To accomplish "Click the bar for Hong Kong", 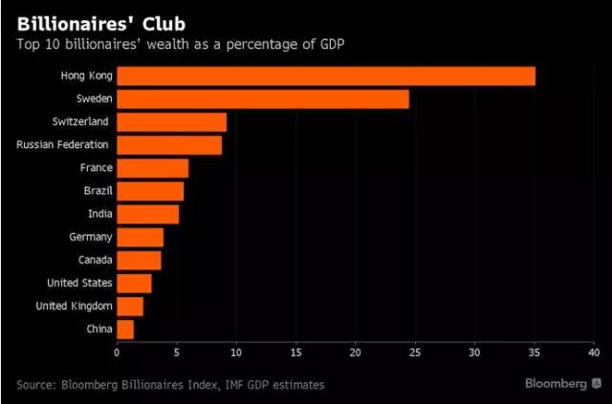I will coord(325,76).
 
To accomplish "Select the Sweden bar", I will coord(262,99).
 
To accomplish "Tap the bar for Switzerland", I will coord(171,122).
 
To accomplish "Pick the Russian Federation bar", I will coord(169,145).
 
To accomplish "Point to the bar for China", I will coord(125,329).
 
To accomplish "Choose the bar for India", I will coord(147,214).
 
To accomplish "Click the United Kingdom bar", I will coord(130,306).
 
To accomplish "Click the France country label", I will coord(97,168).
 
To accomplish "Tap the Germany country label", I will coord(91,237).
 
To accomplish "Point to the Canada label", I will coord(95,260).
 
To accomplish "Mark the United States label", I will coord(80,283).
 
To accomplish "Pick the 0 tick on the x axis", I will coord(117,351).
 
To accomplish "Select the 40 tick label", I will coord(593,351).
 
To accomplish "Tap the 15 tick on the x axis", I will coord(295,351).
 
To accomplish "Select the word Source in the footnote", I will coord(39,385).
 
